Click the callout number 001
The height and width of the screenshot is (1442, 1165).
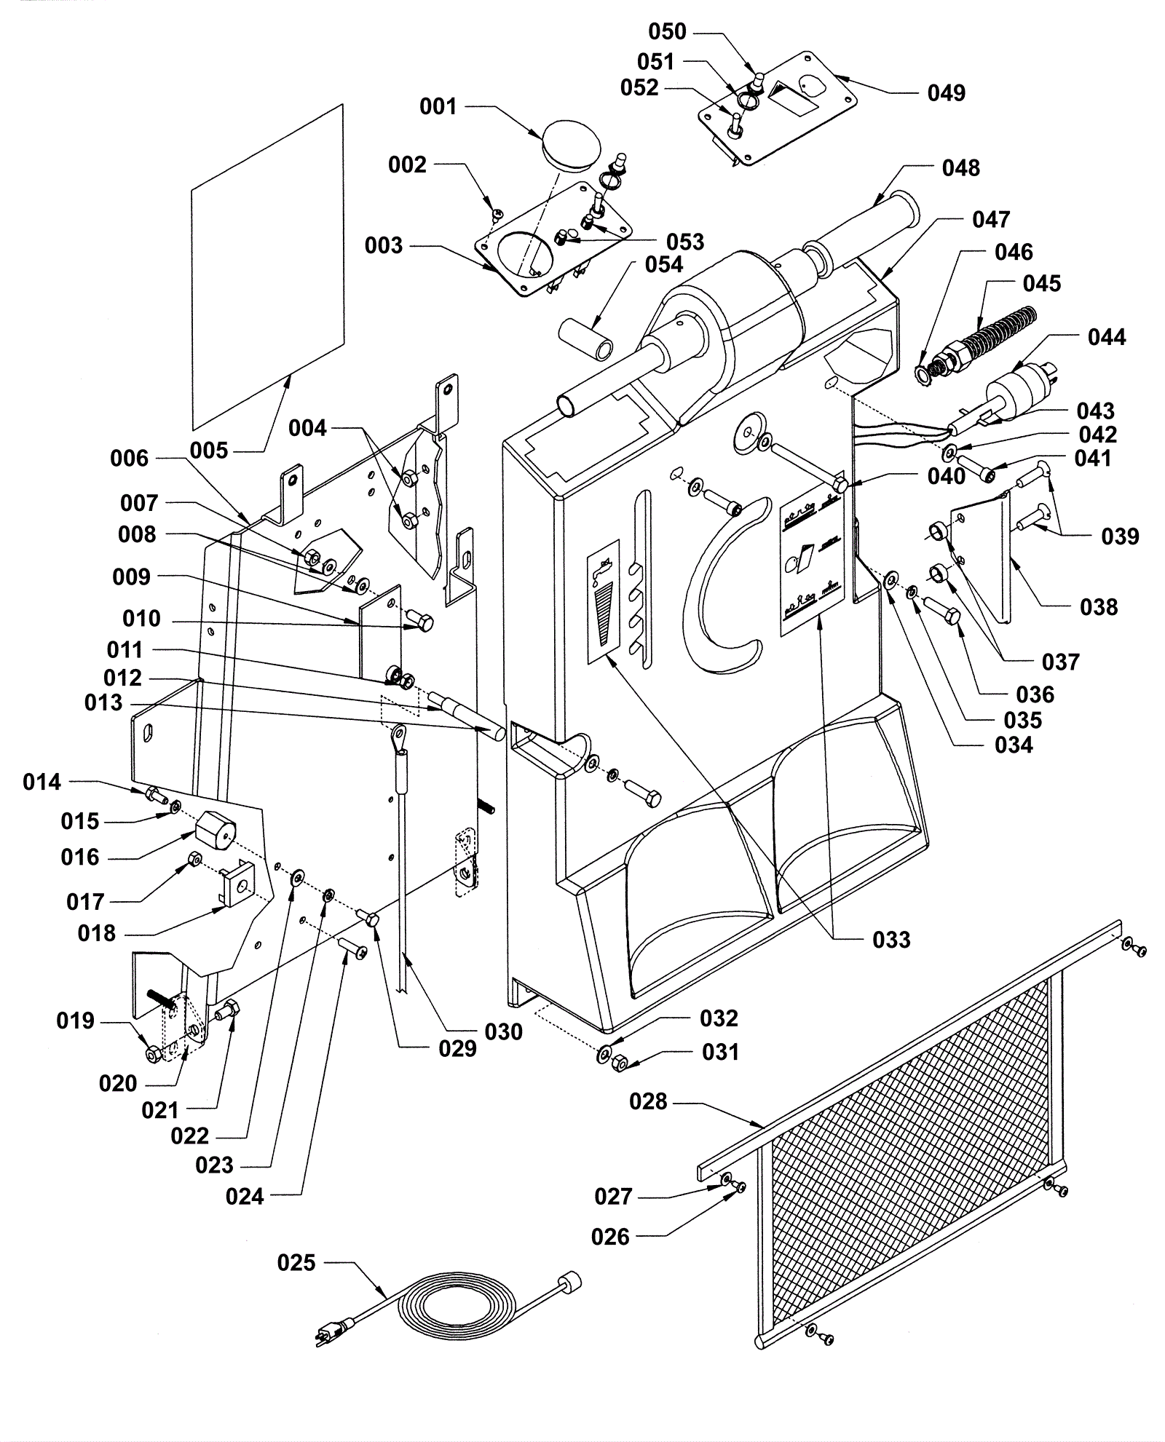[x=438, y=107]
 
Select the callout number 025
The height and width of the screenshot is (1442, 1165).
[x=296, y=1263]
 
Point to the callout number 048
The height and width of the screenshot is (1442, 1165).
[x=960, y=168]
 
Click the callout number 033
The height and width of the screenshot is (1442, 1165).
[x=891, y=940]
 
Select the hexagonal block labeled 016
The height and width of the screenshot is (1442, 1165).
[x=217, y=829]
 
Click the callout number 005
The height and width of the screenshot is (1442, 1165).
[x=209, y=451]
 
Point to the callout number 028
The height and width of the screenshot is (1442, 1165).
[x=648, y=1101]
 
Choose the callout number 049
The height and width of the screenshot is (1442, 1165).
[x=947, y=93]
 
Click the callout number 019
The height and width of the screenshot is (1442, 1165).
[x=76, y=1021]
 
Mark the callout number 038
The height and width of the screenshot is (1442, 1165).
[x=1099, y=606]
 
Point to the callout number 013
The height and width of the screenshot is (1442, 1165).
[x=103, y=703]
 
